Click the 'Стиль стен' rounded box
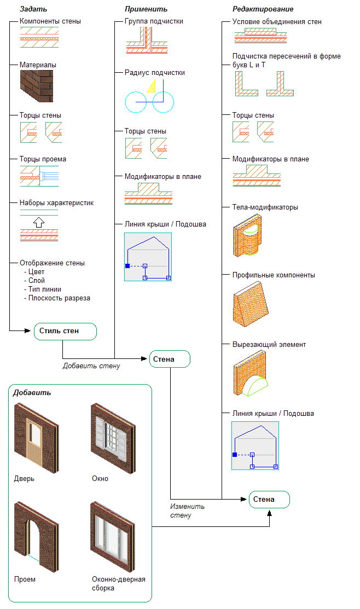click(x=65, y=331)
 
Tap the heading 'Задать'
click(x=33, y=9)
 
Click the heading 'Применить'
click(x=146, y=9)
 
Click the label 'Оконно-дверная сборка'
click(x=119, y=584)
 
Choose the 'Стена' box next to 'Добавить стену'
click(x=170, y=359)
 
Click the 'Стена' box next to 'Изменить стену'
click(x=269, y=500)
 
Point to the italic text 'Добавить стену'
click(x=91, y=366)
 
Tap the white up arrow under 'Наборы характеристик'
click(x=38, y=222)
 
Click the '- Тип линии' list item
click(x=43, y=289)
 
